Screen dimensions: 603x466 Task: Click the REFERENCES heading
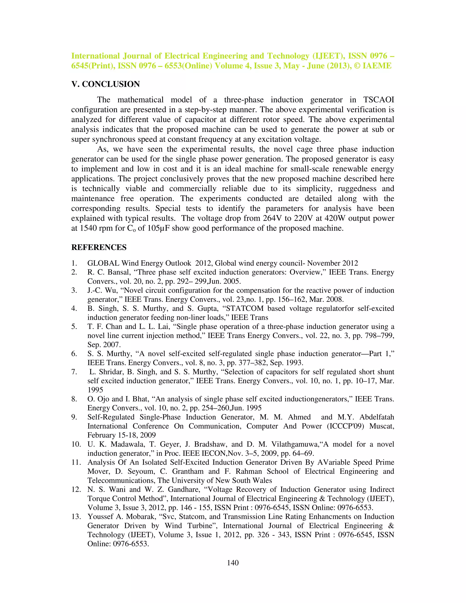[99, 247]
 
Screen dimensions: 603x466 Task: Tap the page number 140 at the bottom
[233, 563]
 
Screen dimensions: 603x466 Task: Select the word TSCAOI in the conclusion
[378, 100]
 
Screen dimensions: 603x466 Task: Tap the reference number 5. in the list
[74, 326]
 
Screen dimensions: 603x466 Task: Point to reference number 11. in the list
[76, 462]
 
